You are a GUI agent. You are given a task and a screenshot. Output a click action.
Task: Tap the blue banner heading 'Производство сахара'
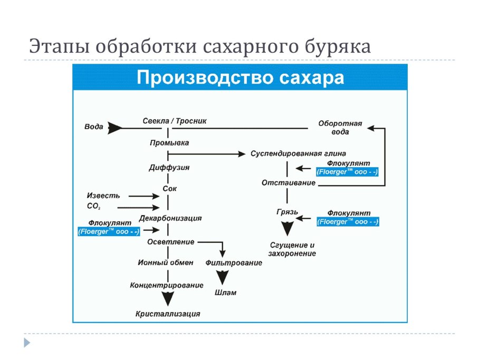coord(241,77)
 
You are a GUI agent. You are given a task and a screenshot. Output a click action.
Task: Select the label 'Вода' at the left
coord(93,127)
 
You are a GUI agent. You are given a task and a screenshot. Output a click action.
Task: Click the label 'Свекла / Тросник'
coord(175,121)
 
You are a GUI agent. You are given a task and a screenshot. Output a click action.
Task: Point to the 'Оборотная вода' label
coord(340,128)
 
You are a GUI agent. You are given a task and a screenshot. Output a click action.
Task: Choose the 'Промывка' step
coord(169,143)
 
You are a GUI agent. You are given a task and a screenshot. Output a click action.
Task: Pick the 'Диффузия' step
coord(169,168)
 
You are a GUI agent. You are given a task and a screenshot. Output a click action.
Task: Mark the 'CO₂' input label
coord(93,207)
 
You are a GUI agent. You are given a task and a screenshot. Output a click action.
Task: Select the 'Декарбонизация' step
coord(170,217)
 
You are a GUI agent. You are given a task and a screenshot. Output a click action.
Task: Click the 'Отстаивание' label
coord(289,183)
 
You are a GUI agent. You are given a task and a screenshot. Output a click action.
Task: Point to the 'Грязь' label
coord(287,212)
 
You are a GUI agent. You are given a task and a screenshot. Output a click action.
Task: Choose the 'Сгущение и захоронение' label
coord(292,249)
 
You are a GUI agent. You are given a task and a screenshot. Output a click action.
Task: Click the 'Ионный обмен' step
coord(166,262)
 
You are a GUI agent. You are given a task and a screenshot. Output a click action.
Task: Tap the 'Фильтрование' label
coord(234,262)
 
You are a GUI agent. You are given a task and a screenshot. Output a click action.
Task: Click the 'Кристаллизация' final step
coord(168,314)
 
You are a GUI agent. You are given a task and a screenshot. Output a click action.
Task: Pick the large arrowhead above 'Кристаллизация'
coord(168,299)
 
